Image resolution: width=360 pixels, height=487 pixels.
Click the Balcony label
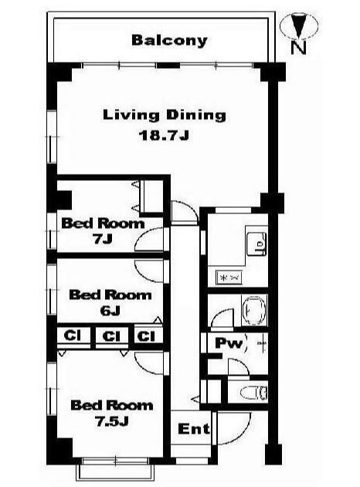coord(169,41)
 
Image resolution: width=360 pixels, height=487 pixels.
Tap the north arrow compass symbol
coord(299,26)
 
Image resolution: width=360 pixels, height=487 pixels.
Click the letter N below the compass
coord(298,47)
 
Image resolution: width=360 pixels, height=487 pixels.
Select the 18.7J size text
coord(164,135)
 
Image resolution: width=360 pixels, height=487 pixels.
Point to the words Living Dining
coord(165,115)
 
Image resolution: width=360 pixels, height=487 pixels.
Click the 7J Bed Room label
coord(103,231)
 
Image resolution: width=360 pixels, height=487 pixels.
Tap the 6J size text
coord(110,311)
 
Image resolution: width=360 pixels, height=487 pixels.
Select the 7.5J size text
coord(112,422)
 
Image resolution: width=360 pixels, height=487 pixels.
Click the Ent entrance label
coord(194,429)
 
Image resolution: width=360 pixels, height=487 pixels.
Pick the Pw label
coord(229,343)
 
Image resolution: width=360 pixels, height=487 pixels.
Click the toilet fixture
coord(254,392)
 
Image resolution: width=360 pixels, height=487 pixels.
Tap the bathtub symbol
coord(254,311)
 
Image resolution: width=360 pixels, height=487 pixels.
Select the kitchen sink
coord(256,243)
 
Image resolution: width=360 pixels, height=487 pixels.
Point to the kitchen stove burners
coord(229,278)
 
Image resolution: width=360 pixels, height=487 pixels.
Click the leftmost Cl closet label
coord(72,335)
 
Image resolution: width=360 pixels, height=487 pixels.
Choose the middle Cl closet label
coord(110,336)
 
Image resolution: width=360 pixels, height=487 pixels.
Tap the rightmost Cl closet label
coord(146,336)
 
